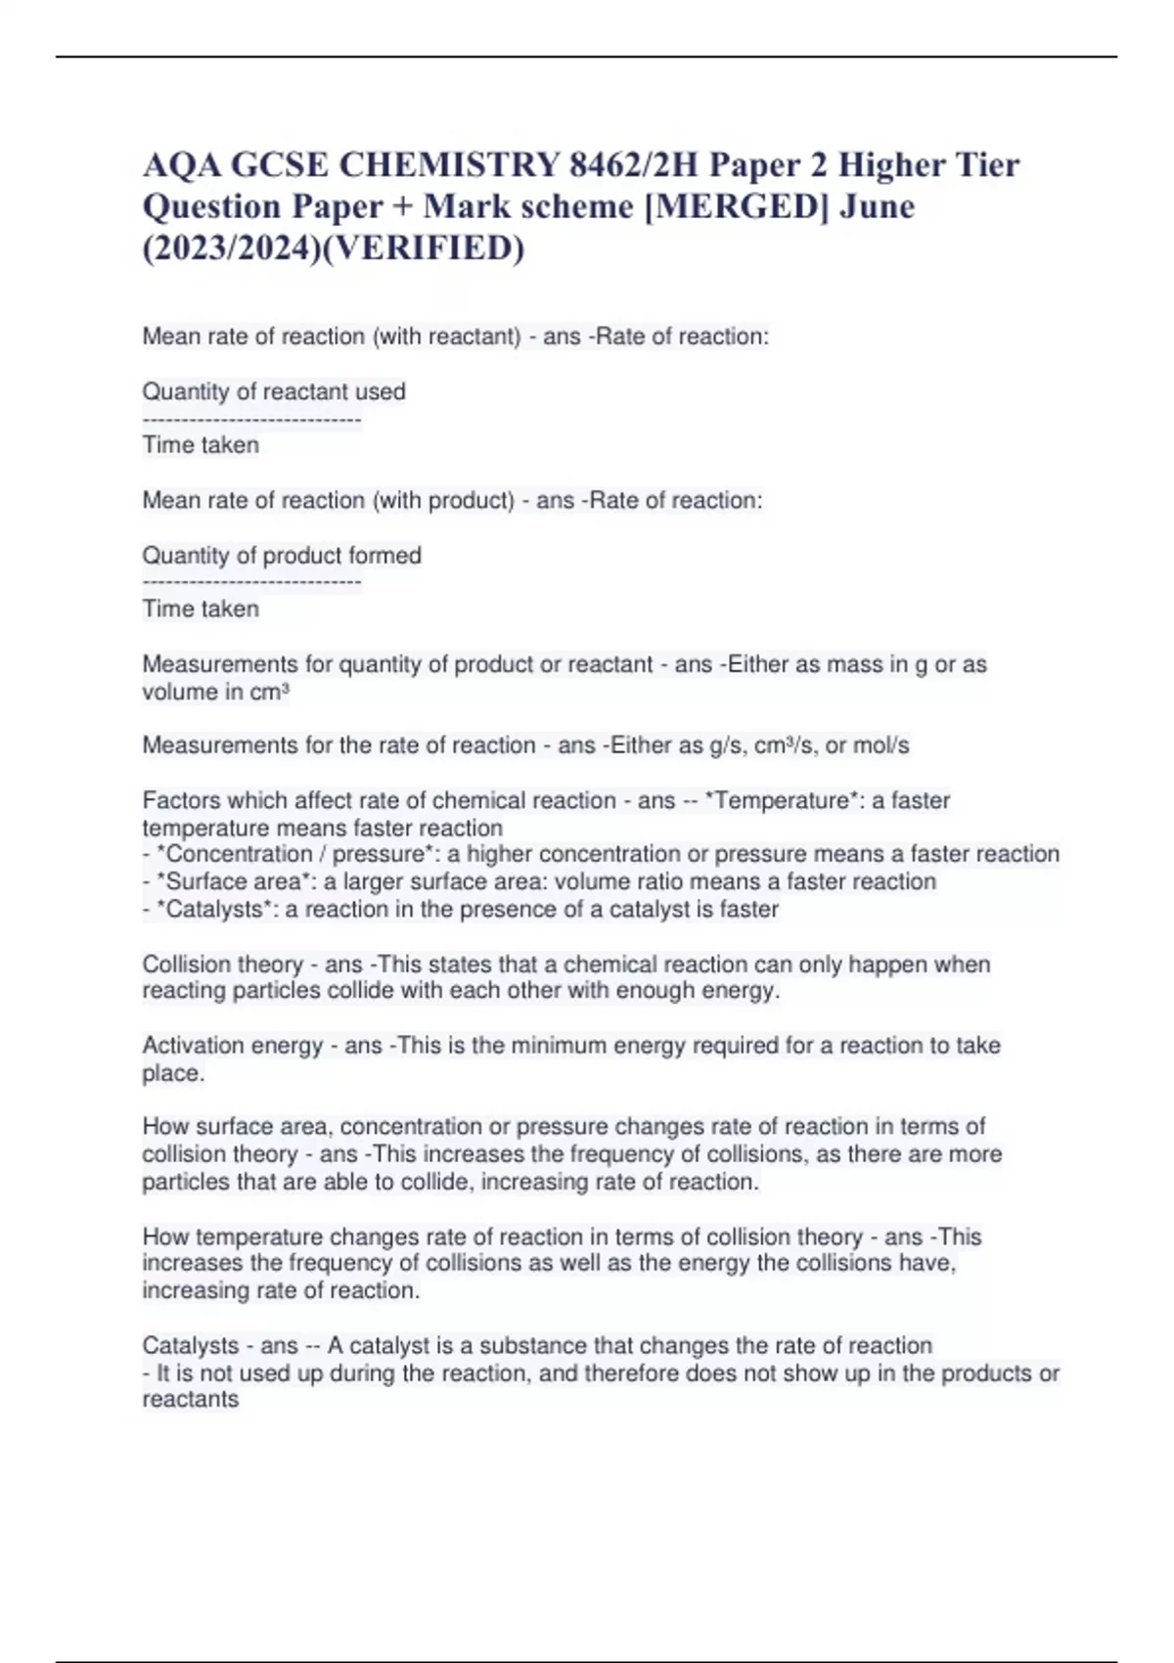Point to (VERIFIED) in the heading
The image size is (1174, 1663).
pyautogui.click(x=422, y=248)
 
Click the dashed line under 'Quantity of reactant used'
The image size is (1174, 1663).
pyautogui.click(x=251, y=420)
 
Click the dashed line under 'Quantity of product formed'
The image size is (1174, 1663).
pyautogui.click(x=251, y=583)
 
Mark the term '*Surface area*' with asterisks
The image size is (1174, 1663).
pyautogui.click(x=232, y=882)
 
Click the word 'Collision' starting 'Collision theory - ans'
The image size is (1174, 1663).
pyautogui.click(x=186, y=965)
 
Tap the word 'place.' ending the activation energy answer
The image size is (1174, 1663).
pyautogui.click(x=173, y=1073)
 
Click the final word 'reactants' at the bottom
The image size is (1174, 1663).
pyautogui.click(x=191, y=1400)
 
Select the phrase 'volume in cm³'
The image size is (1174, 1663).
pyautogui.click(x=215, y=693)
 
